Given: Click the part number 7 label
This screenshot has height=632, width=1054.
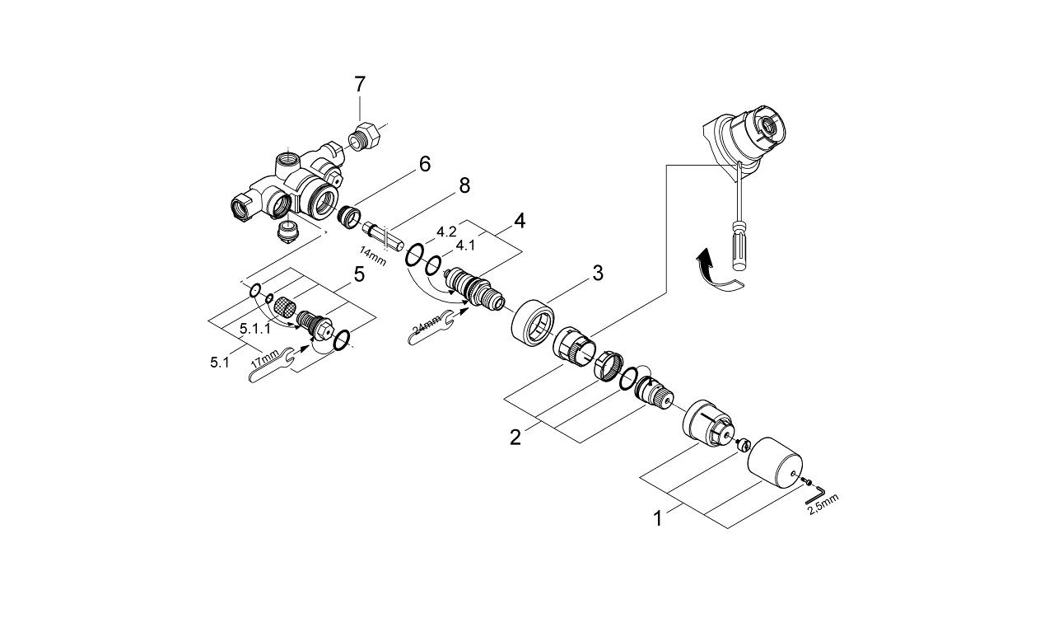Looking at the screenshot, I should [x=359, y=84].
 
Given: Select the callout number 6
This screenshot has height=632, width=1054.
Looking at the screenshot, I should [x=424, y=164].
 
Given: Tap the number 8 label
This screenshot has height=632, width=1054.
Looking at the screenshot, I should [x=464, y=185].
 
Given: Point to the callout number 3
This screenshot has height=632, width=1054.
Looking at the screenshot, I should [x=598, y=273].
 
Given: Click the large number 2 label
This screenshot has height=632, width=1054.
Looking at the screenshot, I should [x=515, y=438].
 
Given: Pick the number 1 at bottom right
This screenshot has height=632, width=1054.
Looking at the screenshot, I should [x=658, y=519].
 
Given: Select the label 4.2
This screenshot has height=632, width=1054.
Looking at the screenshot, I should [x=447, y=232].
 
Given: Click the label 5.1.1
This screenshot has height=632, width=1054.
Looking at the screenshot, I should [x=255, y=329].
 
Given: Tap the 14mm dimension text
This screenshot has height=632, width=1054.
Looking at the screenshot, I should [x=372, y=255].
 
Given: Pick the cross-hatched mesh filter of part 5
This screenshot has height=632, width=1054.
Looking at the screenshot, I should [x=284, y=307].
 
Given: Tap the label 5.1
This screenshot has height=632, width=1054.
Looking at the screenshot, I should [x=219, y=362].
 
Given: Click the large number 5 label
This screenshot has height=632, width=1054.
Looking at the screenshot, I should [x=359, y=274].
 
